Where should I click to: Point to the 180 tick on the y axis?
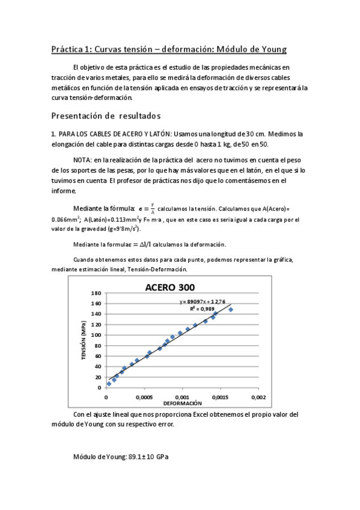(x=96, y=293)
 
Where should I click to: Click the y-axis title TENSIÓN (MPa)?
(x=84, y=340)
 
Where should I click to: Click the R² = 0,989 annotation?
(x=203, y=309)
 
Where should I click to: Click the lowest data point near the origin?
(x=109, y=383)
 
